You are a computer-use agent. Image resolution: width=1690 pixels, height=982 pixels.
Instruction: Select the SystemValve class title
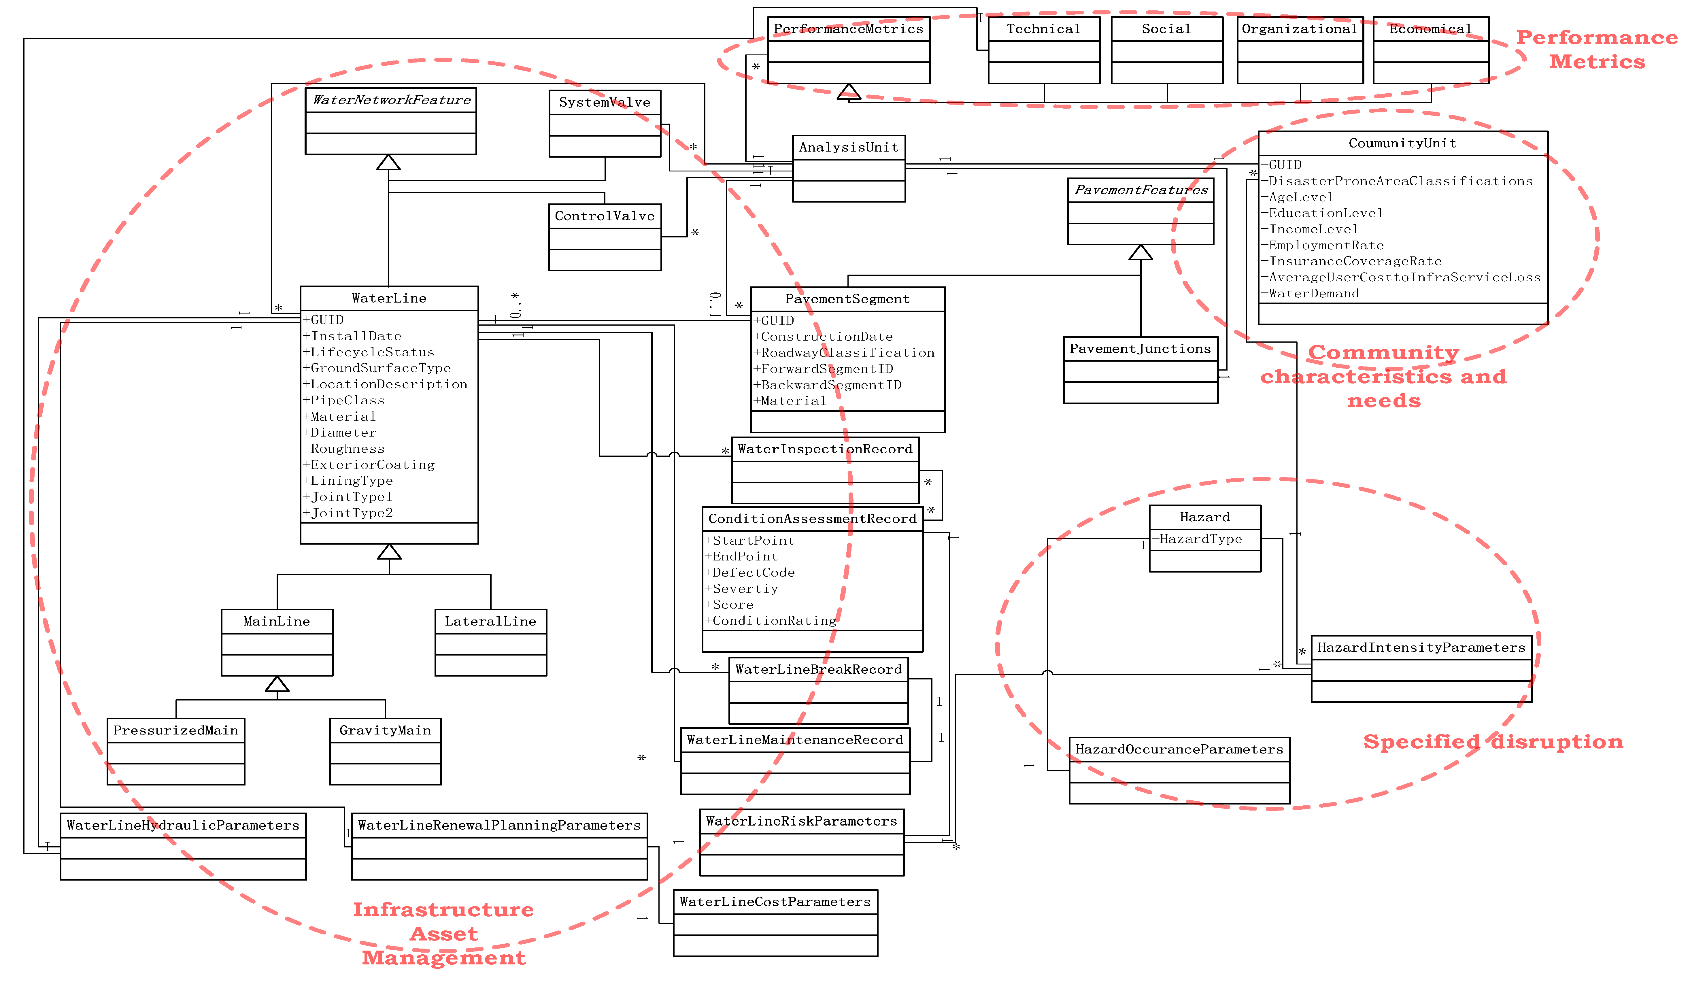(x=604, y=103)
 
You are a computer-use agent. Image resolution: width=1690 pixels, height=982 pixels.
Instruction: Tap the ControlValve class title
(x=604, y=216)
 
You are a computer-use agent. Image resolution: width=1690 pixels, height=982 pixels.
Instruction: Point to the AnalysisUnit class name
(x=848, y=148)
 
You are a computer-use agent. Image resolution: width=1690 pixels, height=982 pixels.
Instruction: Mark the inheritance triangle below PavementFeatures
(x=1140, y=253)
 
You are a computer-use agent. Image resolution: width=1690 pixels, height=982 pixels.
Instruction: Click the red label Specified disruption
(x=1493, y=742)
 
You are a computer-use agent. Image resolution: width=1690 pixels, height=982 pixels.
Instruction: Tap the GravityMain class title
(x=385, y=730)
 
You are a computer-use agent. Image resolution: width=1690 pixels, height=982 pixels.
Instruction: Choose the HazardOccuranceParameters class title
(x=1179, y=749)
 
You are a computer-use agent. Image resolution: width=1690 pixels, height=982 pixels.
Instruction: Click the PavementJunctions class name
(x=1140, y=349)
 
